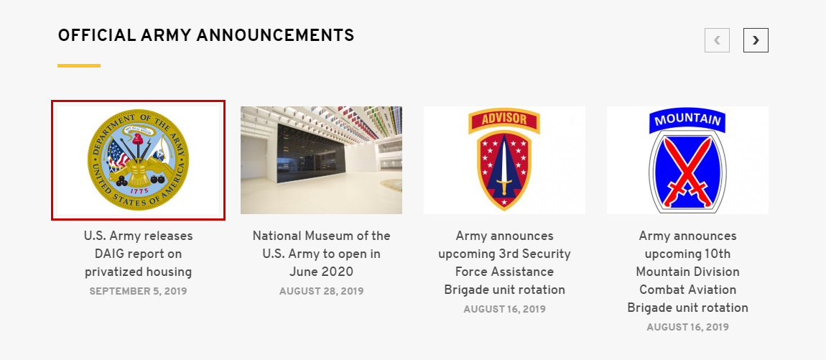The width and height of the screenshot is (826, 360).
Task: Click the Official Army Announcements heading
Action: pos(206,36)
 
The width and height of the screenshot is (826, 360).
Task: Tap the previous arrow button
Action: pos(717,40)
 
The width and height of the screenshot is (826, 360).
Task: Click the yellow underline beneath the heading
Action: pos(79,66)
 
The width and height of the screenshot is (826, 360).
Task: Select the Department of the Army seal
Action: pos(138,160)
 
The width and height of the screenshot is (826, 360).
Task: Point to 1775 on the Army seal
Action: pos(139,191)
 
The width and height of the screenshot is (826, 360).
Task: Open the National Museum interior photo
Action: pos(321,160)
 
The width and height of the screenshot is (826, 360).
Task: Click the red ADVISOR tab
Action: pos(504,120)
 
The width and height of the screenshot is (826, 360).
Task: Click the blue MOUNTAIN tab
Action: pos(687,120)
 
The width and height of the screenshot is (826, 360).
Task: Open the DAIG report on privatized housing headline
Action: pos(138,254)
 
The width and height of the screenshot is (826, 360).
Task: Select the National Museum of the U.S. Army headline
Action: pos(321,254)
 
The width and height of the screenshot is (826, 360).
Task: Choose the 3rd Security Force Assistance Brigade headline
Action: pos(505,262)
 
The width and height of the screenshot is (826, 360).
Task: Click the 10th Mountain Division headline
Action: pos(687,272)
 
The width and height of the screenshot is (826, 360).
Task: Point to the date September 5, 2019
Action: pos(138,291)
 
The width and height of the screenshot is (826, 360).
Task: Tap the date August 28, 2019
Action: pos(321,291)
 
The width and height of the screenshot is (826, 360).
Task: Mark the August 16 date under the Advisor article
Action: pos(505,309)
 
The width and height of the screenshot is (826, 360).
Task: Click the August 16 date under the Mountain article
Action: pos(687,327)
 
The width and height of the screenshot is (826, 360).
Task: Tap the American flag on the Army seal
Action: pos(119,154)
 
